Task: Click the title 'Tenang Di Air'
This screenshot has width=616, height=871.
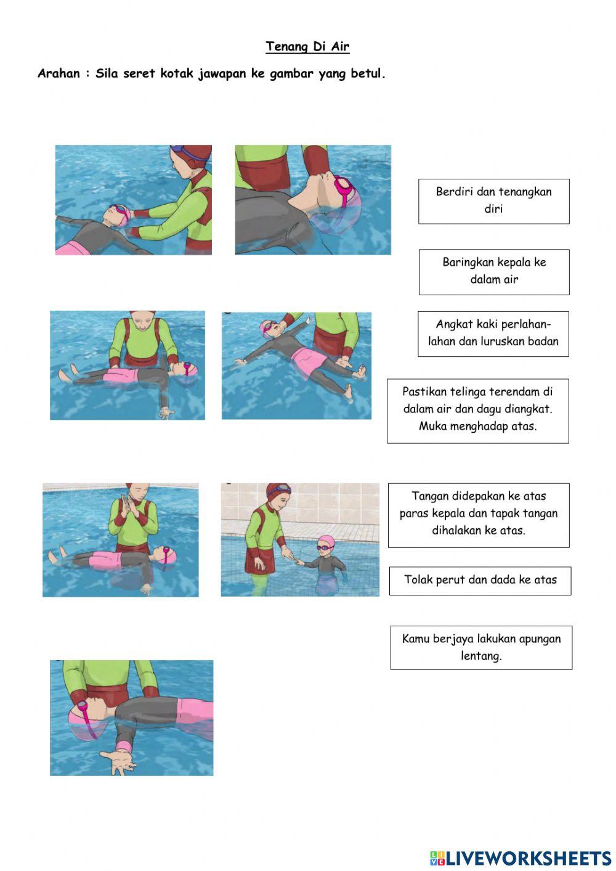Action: [307, 47]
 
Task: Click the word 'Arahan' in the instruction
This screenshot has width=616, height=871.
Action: [59, 73]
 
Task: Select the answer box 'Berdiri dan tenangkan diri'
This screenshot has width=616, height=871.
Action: [494, 202]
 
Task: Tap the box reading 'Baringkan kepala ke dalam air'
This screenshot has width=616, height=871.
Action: [495, 272]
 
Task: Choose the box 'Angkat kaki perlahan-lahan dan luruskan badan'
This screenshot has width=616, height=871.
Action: [493, 334]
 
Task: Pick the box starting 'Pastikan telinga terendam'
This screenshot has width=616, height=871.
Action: [478, 411]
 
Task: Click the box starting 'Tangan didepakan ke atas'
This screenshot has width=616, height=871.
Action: [479, 515]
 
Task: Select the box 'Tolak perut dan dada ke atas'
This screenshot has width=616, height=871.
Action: [480, 581]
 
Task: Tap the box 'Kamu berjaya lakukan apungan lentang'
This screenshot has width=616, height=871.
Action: [482, 648]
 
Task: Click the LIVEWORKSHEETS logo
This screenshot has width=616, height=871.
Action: [521, 859]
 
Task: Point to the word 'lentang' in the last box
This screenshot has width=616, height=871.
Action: [481, 656]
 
